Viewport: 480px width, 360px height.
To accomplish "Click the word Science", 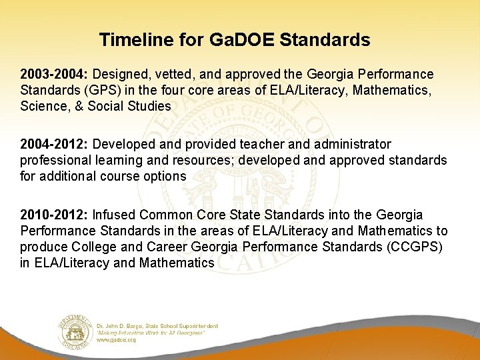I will (41, 106).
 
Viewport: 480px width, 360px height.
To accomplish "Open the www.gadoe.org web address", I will (116, 339).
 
